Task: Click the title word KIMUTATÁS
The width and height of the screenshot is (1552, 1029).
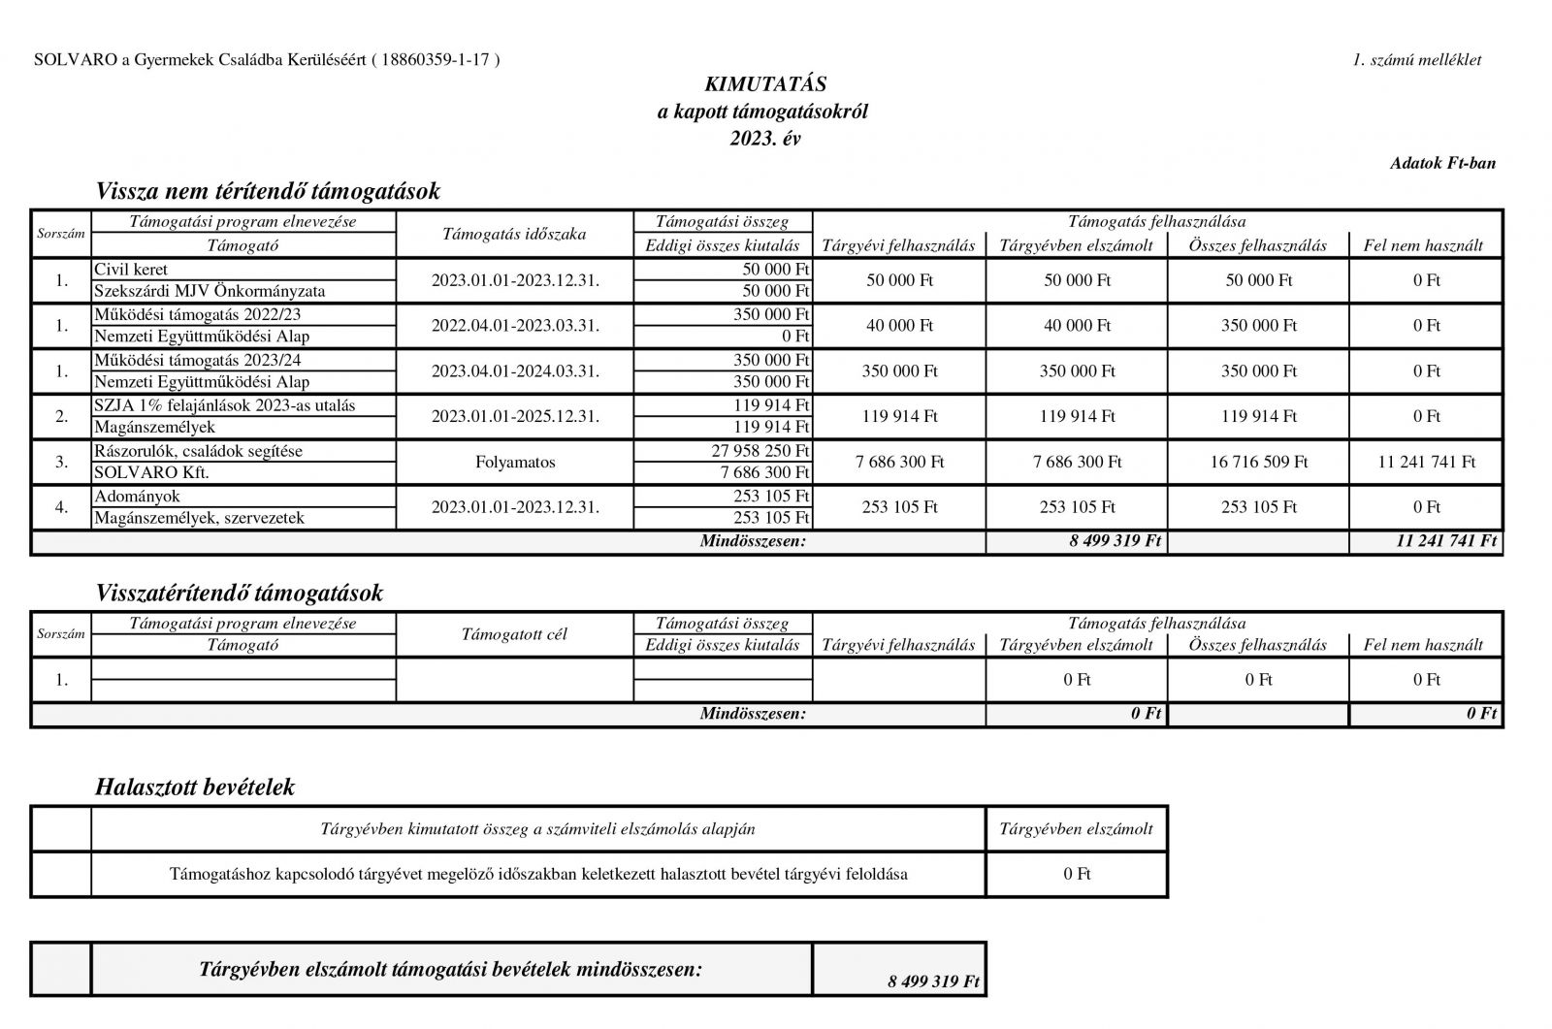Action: (x=764, y=85)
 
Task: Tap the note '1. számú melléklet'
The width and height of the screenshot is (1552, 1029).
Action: (x=1416, y=60)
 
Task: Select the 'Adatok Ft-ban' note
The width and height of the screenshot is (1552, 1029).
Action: (x=1442, y=163)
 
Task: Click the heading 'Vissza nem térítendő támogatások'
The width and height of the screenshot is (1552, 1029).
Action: (x=268, y=191)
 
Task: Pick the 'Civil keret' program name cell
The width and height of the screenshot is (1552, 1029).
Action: (x=131, y=270)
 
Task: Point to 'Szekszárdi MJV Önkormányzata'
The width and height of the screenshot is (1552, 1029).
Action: (x=209, y=291)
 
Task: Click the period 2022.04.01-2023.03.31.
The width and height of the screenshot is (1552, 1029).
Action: (x=515, y=326)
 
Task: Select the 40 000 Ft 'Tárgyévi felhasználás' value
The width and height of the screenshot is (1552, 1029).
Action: (x=899, y=326)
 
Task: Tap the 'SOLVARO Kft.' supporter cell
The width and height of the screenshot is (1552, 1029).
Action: (x=151, y=472)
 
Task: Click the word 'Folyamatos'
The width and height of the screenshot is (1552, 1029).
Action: (x=515, y=463)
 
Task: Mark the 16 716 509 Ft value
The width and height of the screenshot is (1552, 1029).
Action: (x=1258, y=463)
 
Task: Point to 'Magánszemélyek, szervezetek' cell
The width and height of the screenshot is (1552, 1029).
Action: (x=199, y=518)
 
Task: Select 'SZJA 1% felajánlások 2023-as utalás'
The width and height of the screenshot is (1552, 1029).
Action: (x=231, y=405)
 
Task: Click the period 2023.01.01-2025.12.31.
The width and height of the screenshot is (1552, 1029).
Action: (x=515, y=417)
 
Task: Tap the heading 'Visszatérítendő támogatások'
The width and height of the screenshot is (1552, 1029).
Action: (x=239, y=593)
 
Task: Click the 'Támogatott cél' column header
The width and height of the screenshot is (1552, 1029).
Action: (x=514, y=634)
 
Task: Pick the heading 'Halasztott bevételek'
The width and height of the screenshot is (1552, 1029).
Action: (x=195, y=788)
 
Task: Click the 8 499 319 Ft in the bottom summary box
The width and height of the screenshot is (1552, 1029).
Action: (x=933, y=981)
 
